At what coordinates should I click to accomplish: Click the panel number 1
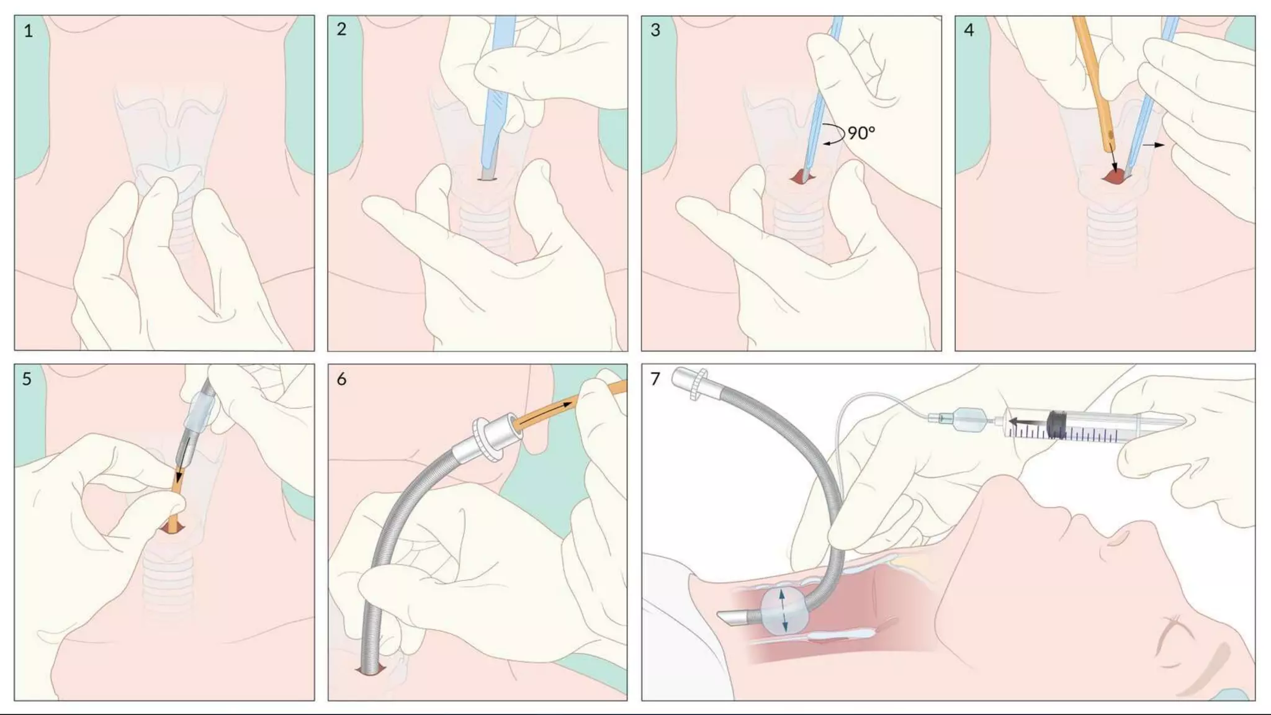pos(28,31)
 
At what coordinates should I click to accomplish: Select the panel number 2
pos(341,29)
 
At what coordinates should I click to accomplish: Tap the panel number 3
pos(655,30)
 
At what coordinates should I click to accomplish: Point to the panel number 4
pos(969,30)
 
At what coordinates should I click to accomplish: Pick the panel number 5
pos(27,379)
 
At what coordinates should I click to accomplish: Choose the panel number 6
pos(341,379)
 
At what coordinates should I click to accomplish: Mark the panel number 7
pos(655,379)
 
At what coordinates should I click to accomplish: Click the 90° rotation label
pos(861,133)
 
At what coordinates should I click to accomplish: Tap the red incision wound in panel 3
pos(801,178)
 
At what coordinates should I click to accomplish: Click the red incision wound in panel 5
pos(172,528)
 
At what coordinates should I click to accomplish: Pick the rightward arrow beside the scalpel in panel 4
pos(1154,145)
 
